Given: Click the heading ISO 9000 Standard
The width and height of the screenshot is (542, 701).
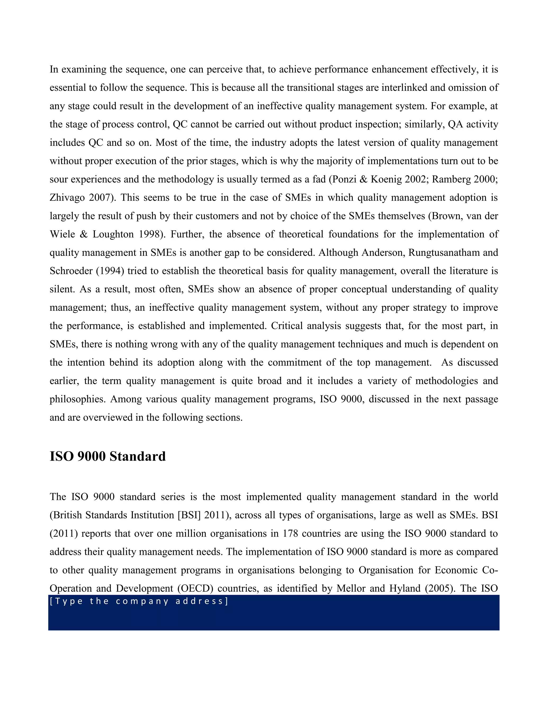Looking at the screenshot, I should coord(107,456).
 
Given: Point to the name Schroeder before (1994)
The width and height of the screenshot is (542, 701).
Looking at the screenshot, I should coord(71,271).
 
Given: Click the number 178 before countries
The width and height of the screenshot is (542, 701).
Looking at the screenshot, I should coord(290,533).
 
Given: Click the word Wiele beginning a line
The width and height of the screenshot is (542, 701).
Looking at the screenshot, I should coord(62,234).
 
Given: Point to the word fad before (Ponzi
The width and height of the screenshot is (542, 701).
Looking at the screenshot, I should coord(319,179).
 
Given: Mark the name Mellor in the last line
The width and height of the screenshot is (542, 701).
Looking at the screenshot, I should coord(352,588).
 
